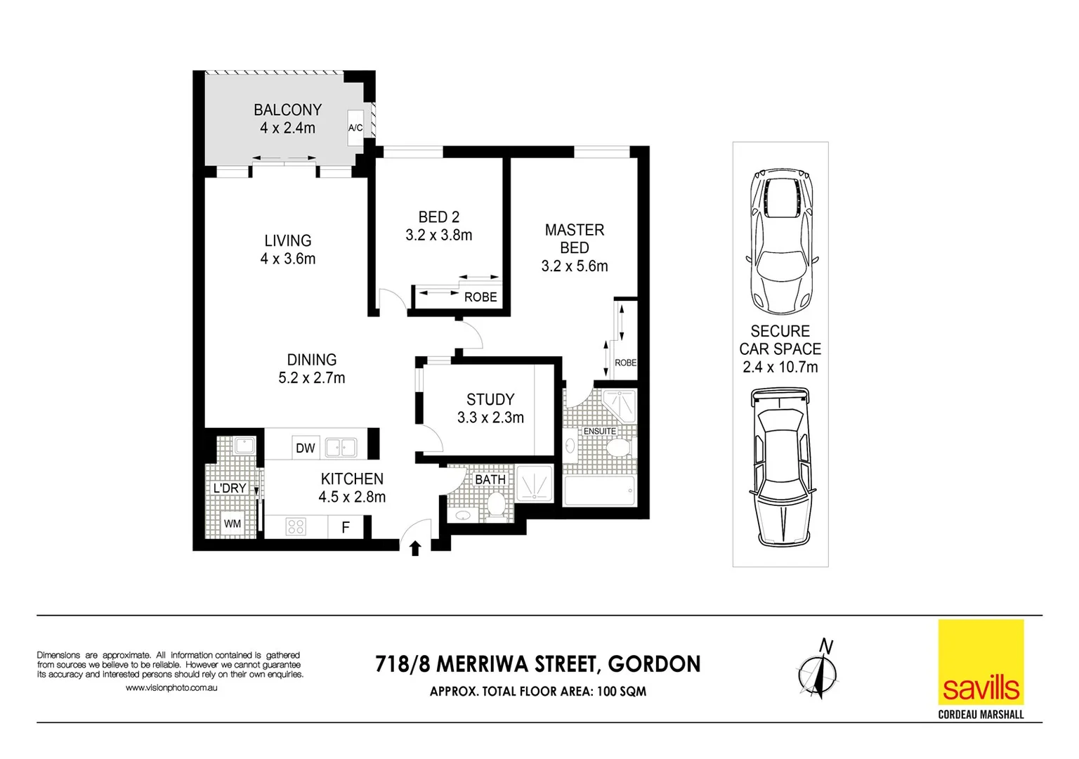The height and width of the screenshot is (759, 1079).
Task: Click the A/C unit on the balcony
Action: coord(355,127)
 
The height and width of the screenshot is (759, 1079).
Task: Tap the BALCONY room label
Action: coord(287,110)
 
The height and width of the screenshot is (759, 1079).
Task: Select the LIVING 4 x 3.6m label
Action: coord(288,249)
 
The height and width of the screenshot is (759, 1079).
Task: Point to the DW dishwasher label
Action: coord(305,448)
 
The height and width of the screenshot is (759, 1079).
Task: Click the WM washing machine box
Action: coord(232,524)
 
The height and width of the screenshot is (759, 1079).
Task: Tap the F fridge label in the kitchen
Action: coord(346,527)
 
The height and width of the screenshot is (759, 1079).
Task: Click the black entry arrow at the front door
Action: coord(415,547)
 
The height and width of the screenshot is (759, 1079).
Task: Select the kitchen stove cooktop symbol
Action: coord(296,526)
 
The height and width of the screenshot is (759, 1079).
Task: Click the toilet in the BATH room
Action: coord(497,505)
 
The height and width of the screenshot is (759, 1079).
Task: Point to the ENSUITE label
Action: coord(599,431)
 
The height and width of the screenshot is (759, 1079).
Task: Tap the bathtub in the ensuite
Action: coord(599,491)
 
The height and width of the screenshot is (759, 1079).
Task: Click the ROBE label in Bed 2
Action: coord(480,297)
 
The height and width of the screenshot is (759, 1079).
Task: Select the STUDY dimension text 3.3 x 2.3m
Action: coord(490,417)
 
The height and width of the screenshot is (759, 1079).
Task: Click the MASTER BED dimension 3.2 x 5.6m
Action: coord(575,266)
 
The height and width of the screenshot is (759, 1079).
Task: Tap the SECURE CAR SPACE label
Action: coord(780,340)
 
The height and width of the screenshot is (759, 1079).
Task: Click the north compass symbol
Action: coord(818,671)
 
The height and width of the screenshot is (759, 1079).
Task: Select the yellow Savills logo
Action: coord(981,662)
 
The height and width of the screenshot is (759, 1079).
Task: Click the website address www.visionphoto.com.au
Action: coord(171,688)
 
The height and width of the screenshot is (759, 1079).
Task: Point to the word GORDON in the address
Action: coord(654,664)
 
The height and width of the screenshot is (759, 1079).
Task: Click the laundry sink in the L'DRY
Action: coord(244,446)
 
